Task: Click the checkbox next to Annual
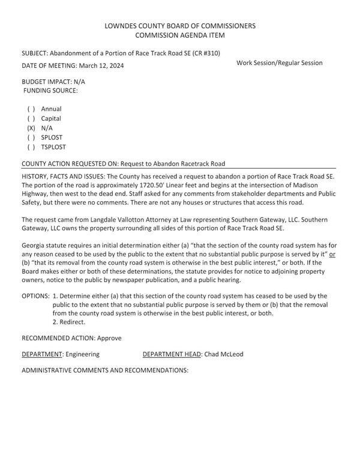coord(31,109)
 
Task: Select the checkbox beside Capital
coord(31,119)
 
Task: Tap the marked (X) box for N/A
coord(31,128)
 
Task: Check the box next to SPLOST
coord(31,138)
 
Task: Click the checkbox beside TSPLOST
coord(31,147)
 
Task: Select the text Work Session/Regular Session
coord(279,63)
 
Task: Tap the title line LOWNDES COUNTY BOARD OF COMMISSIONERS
coord(179,26)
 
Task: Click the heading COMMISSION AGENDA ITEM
coord(179,35)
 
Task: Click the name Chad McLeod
coord(224,354)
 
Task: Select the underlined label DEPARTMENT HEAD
coord(172,354)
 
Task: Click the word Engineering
coord(82,354)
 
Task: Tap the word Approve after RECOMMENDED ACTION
coord(109,338)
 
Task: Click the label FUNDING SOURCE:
coord(50,90)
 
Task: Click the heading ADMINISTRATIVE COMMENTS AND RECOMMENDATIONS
coord(104,371)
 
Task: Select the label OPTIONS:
coord(35,296)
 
